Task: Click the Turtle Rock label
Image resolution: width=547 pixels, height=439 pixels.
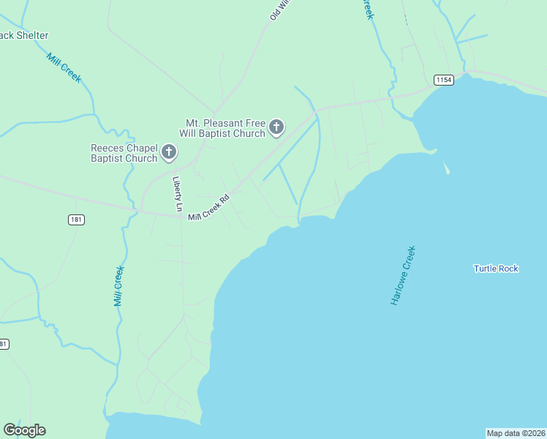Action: pos(496,269)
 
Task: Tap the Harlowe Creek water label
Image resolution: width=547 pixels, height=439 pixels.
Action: pos(403,276)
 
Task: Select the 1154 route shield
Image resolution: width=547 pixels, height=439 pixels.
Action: pos(442,79)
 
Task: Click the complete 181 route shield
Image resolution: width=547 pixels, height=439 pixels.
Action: pos(77,219)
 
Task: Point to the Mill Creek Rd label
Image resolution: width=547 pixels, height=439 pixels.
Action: pos(209,208)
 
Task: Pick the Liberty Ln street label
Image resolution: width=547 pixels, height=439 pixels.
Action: pos(177,194)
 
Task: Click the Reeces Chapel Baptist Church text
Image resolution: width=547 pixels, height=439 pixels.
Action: pos(124,153)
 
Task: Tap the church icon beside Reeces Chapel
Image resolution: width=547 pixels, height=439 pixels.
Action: pos(169,152)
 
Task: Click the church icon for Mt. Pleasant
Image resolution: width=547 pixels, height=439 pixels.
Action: pos(276,128)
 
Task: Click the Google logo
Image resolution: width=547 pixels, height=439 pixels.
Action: pos(24,430)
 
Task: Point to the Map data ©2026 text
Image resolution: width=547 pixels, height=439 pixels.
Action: pos(516,433)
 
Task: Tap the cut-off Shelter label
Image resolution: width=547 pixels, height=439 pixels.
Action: pos(24,35)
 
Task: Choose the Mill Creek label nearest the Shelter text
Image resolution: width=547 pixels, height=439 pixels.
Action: pos(64,67)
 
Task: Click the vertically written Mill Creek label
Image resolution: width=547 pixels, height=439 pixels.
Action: pos(118,286)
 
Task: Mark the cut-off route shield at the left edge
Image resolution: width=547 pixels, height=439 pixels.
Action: pos(4,344)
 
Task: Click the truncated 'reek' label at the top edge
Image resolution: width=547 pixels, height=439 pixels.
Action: pos(369,10)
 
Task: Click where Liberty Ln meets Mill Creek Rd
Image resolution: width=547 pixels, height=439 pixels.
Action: pos(181,215)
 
